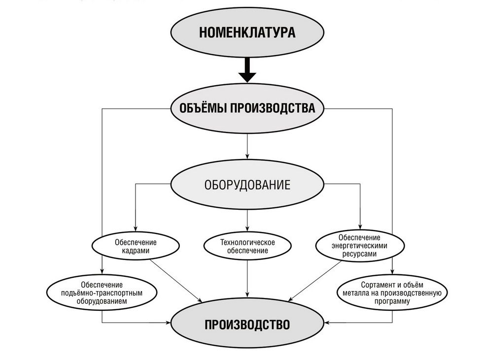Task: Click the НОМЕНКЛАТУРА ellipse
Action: [x=247, y=33]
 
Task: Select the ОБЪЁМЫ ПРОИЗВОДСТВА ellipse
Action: [x=247, y=108]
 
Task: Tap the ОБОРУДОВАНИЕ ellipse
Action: [x=247, y=184]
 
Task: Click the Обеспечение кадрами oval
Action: [x=136, y=246]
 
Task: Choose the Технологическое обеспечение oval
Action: [x=247, y=246]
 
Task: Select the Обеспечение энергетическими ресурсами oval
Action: [x=360, y=246]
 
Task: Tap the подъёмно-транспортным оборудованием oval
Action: [x=102, y=293]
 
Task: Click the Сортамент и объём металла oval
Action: [x=392, y=293]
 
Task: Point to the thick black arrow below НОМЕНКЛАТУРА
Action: [x=247, y=70]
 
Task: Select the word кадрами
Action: [x=136, y=251]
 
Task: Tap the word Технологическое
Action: [x=247, y=242]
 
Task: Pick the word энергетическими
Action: [x=359, y=246]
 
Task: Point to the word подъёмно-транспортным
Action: [x=102, y=293]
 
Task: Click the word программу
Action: [x=392, y=301]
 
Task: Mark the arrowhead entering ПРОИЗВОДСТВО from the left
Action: [x=168, y=323]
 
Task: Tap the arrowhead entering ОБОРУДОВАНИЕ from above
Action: [x=247, y=157]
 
